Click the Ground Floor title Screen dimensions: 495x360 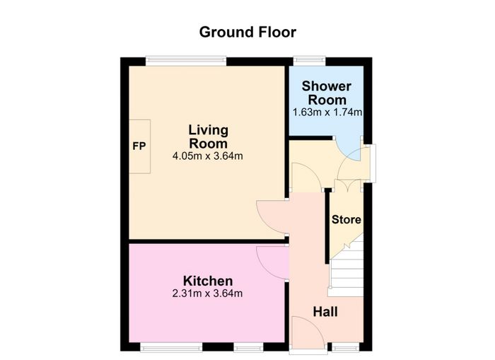248,33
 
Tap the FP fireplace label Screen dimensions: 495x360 139,146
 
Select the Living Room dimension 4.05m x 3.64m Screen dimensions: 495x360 208,156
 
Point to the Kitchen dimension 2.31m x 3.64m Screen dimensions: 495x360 207,294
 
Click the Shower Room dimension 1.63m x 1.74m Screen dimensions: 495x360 327,112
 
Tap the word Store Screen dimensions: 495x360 346,219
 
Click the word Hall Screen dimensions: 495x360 325,312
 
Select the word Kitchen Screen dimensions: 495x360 208,281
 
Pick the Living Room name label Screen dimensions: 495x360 209,137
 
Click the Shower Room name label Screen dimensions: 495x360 327,93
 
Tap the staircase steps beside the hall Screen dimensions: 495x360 346,269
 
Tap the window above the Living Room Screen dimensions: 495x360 186,61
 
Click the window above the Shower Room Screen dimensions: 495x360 310,61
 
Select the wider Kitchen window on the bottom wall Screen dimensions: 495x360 171,348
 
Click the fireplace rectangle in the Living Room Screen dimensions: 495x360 139,146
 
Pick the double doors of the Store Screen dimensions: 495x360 347,185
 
